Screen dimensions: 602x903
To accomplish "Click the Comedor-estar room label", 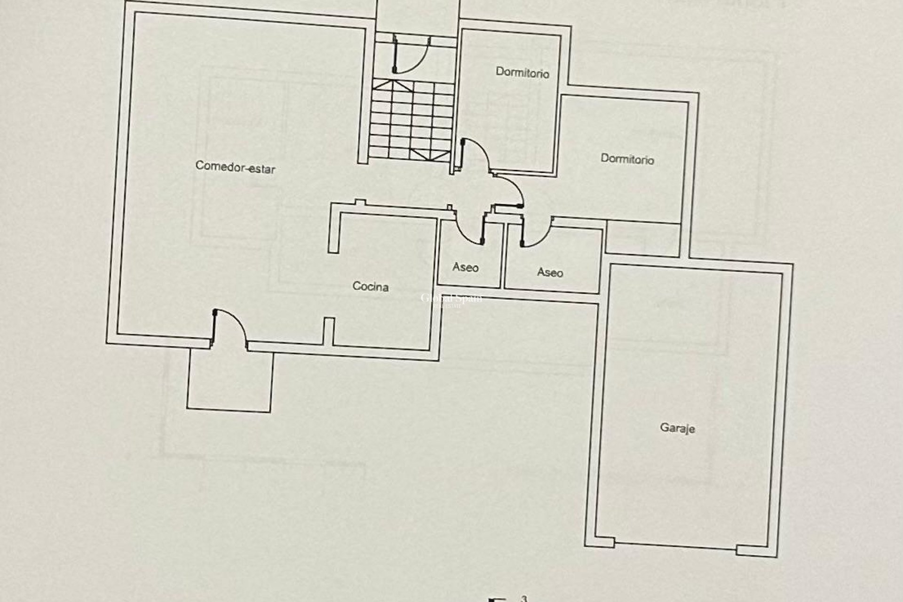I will [235, 167].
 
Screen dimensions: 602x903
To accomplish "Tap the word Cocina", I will [371, 286].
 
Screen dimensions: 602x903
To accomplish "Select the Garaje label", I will [677, 428].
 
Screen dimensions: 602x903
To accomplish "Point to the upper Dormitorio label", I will [523, 73].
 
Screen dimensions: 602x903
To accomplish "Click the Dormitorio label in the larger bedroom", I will [627, 159].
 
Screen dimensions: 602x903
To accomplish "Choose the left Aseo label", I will [466, 268].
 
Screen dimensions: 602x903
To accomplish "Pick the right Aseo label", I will [550, 272].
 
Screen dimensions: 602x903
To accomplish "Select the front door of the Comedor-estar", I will [229, 328].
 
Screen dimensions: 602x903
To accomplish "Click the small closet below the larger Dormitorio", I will [642, 239].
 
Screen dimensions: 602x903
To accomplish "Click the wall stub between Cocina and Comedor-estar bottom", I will [329, 331].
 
